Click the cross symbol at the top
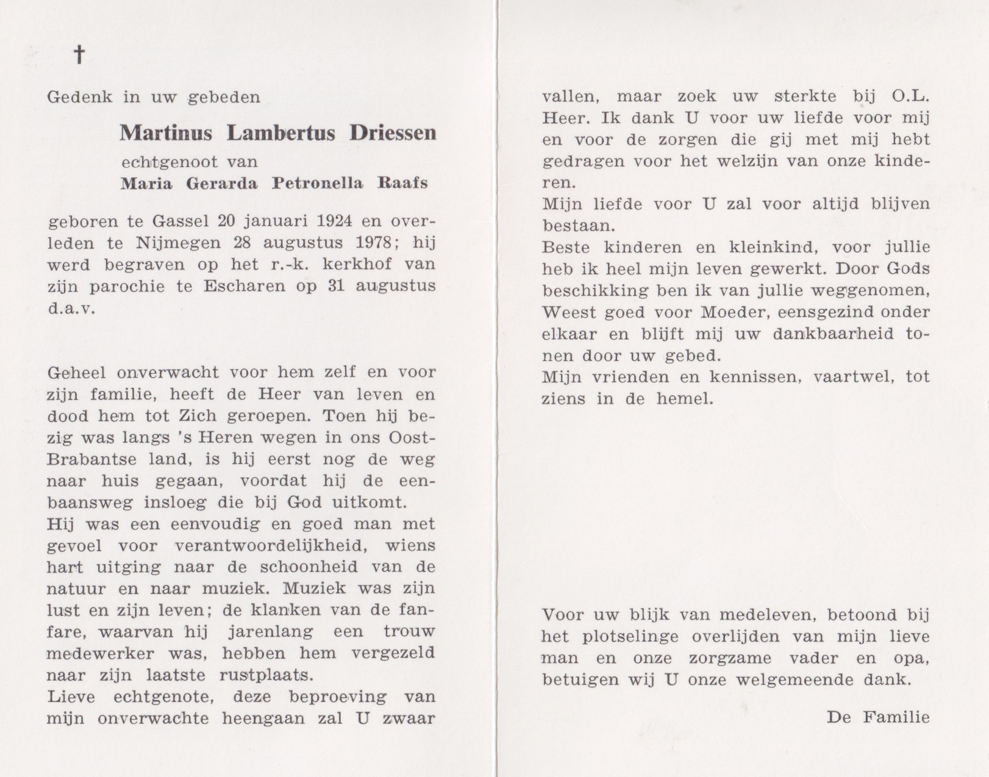coord(79,56)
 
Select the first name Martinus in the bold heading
coord(165,132)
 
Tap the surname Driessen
coord(393,132)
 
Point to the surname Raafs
coord(402,183)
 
